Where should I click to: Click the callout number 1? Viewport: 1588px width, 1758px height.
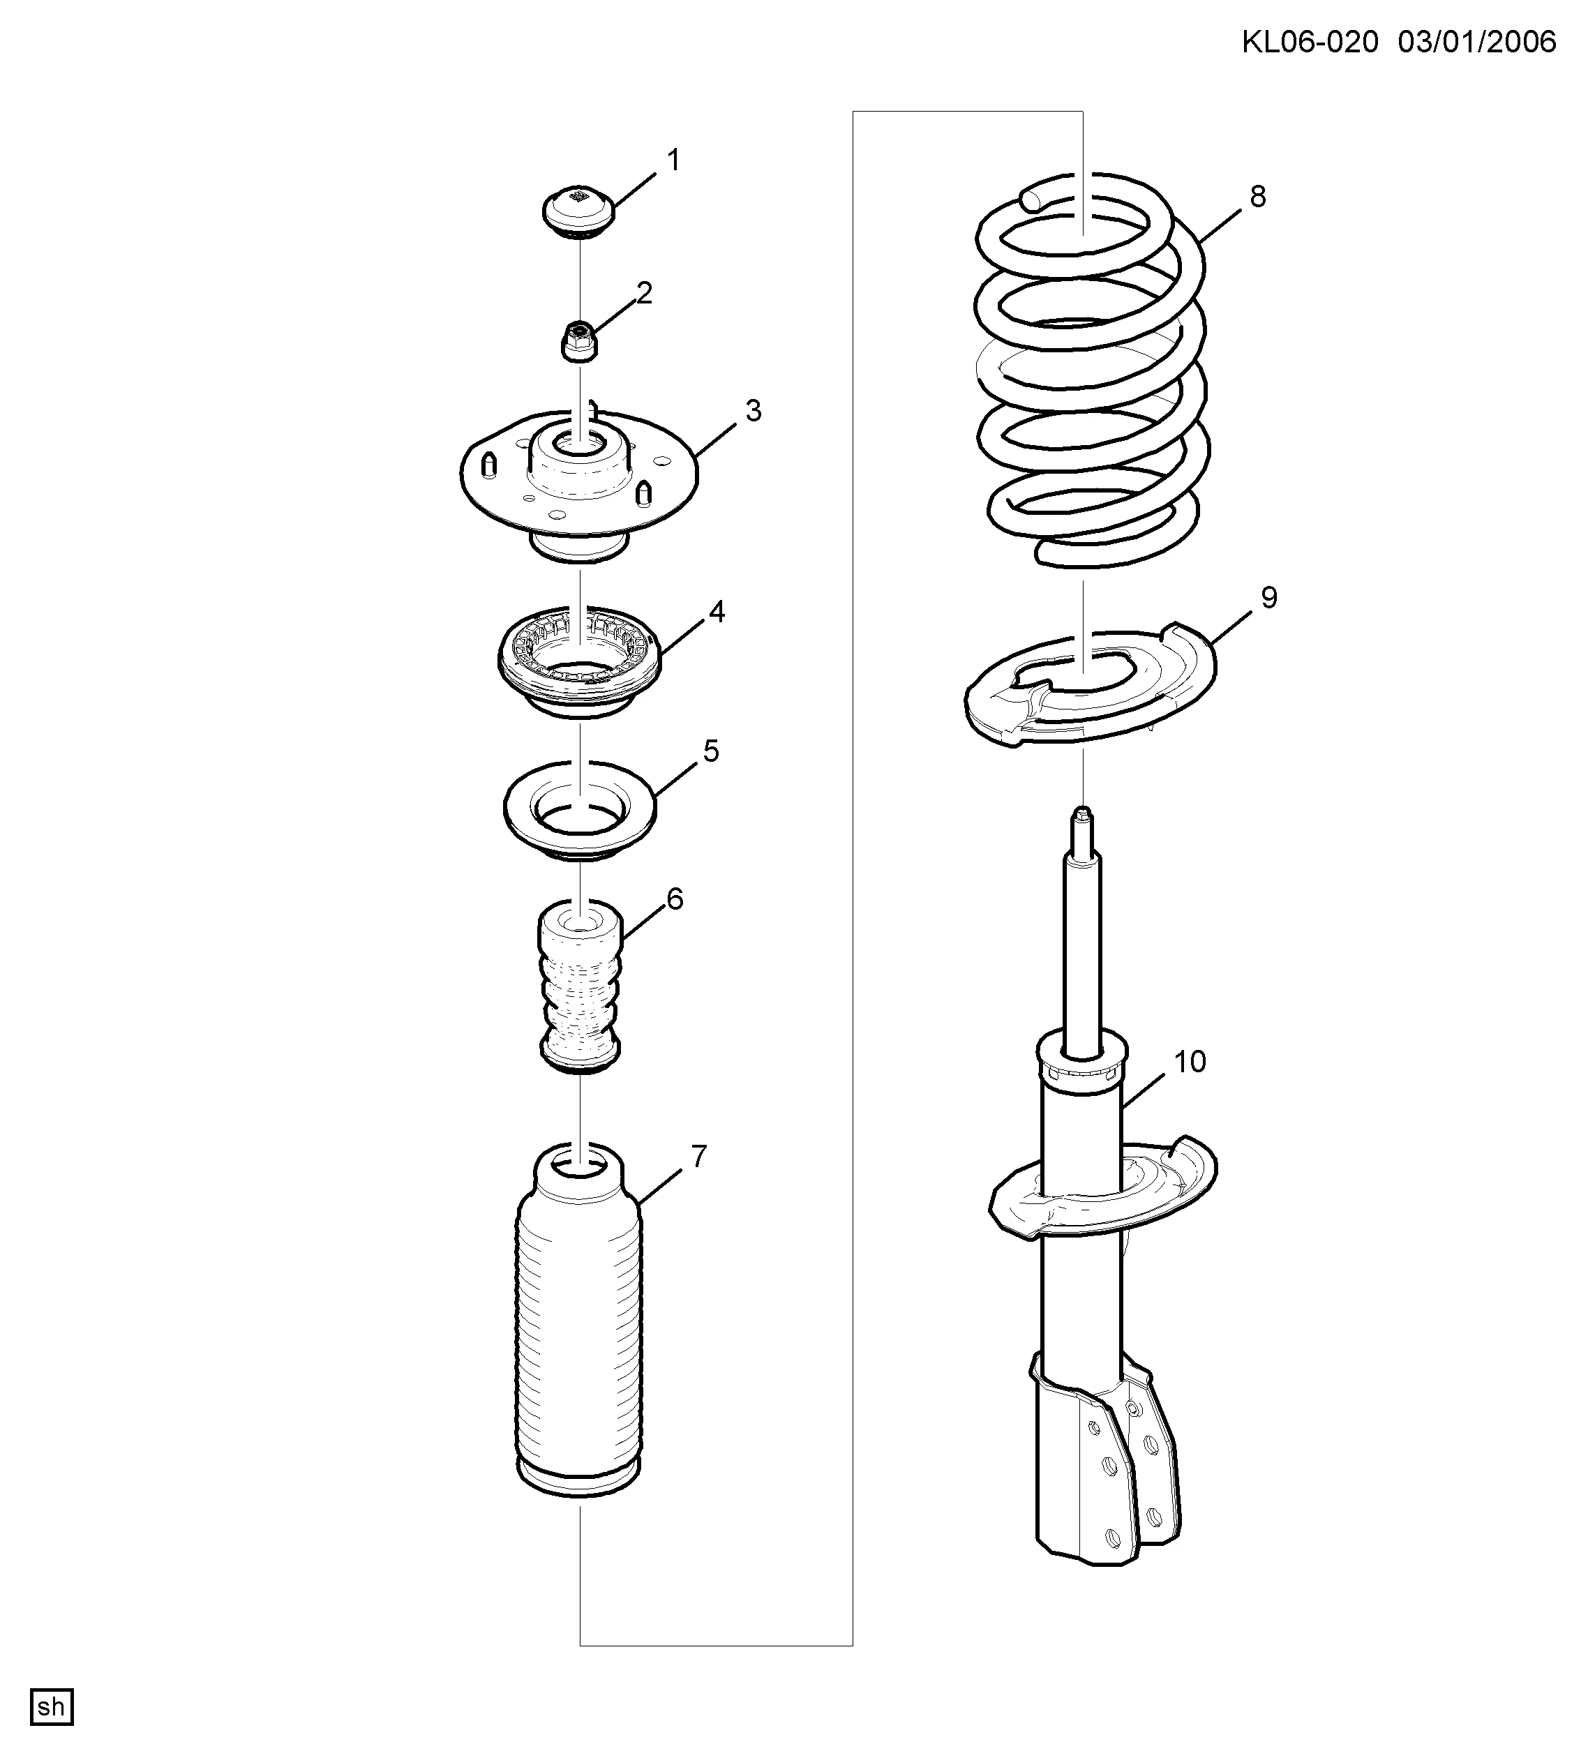coord(673,160)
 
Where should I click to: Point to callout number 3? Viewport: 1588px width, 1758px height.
coord(753,411)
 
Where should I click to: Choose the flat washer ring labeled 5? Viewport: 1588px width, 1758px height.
coord(580,811)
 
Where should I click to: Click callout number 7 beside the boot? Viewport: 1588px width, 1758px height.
coord(698,1157)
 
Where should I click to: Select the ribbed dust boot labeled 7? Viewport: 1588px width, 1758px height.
coord(579,1322)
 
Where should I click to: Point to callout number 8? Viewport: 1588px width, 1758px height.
coord(1257,197)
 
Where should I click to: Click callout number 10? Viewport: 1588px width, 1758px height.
coord(1190,1061)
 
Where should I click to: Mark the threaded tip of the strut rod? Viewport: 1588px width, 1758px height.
coord(1081,818)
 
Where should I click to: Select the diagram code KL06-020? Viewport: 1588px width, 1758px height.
coord(1310,42)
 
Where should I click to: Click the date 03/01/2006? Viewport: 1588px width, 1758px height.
coord(1477,42)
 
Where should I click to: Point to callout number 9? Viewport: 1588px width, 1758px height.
coord(1269,599)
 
